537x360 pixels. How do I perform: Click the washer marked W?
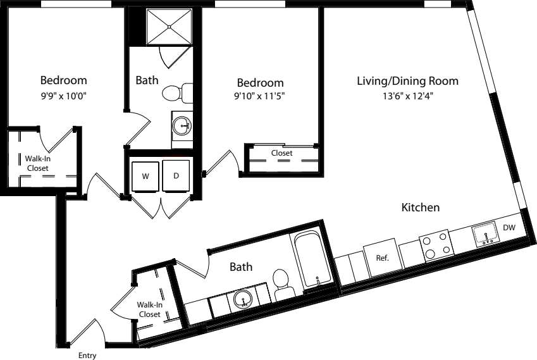pyautogui.click(x=145, y=176)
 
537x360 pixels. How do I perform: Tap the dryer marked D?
pyautogui.click(x=176, y=175)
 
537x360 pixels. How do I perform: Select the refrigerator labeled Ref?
pyautogui.click(x=383, y=258)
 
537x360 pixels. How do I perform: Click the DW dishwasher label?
pyautogui.click(x=509, y=227)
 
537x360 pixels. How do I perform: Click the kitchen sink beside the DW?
pyautogui.click(x=485, y=234)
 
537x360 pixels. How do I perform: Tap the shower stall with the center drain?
pyautogui.click(x=169, y=27)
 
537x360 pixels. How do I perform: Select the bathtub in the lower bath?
pyautogui.click(x=313, y=259)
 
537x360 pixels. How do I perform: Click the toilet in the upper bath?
pyautogui.click(x=177, y=92)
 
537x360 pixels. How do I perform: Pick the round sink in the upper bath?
pyautogui.click(x=182, y=126)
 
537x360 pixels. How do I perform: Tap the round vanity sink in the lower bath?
pyautogui.click(x=243, y=299)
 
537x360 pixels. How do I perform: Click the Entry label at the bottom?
pyautogui.click(x=87, y=356)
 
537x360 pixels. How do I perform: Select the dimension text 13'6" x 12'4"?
pyautogui.click(x=408, y=96)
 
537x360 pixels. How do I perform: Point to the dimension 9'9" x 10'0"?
pyautogui.click(x=64, y=96)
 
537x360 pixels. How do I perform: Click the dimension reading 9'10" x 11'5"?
pyautogui.click(x=259, y=96)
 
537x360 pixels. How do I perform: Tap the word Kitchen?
pyautogui.click(x=421, y=208)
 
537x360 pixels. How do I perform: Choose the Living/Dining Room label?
pyautogui.click(x=407, y=81)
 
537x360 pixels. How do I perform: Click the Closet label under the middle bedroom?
pyautogui.click(x=282, y=152)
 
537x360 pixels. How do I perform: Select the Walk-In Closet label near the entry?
pyautogui.click(x=149, y=309)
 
